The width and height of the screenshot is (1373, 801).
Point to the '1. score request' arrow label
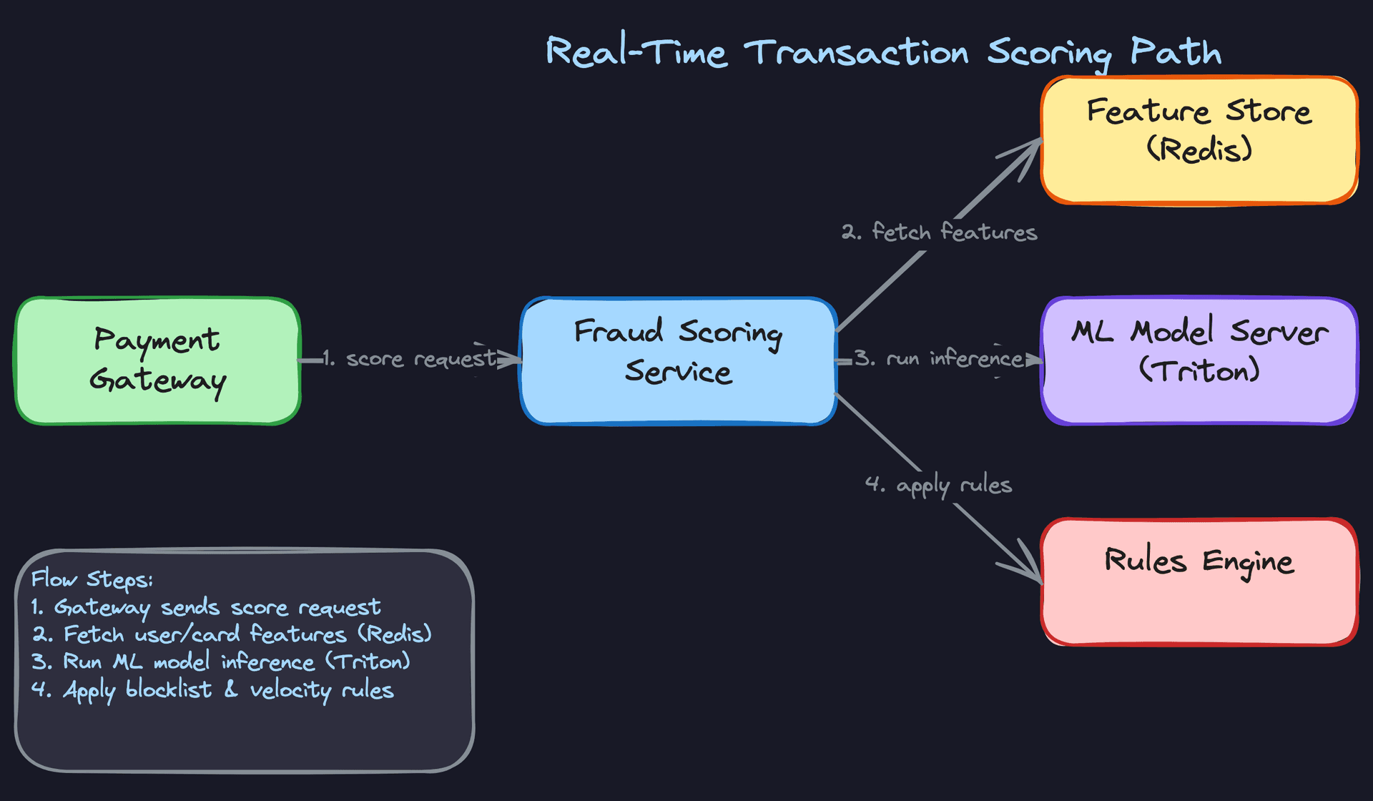tap(409, 358)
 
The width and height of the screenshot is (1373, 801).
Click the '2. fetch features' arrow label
tap(939, 232)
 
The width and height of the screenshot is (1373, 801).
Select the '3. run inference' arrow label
tap(939, 358)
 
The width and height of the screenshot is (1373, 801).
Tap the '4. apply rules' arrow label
tap(938, 485)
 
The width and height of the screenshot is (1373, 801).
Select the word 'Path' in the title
tap(1176, 51)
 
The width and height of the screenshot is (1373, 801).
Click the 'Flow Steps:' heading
tap(92, 579)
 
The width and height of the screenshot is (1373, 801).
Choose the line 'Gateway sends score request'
tap(217, 608)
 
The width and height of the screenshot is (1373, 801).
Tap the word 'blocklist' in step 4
tap(169, 689)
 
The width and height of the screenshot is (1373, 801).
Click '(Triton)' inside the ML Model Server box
tap(1199, 370)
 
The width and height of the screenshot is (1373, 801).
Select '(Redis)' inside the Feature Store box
tap(1199, 149)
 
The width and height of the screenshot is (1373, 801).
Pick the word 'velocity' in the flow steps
tap(290, 690)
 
